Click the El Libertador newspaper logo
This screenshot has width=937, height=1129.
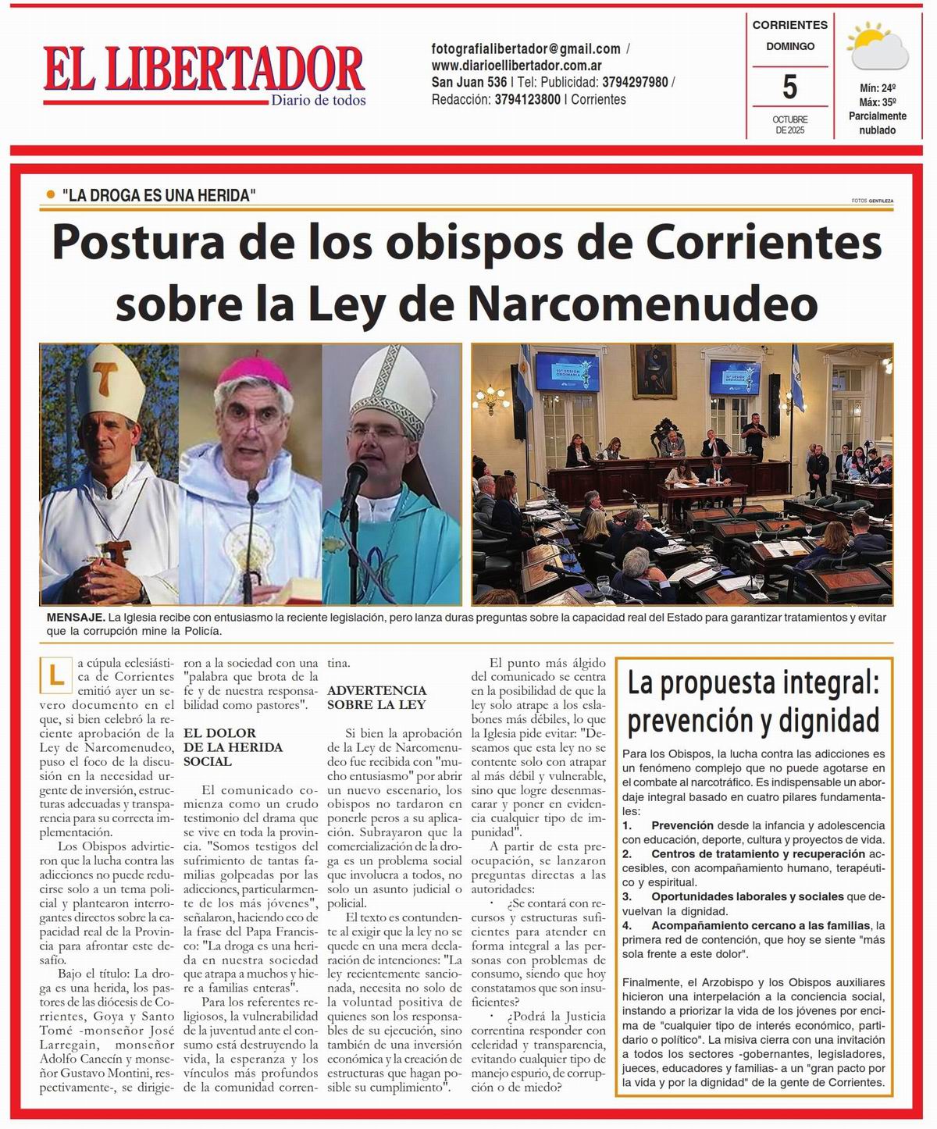[204, 74]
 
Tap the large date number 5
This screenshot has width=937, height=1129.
[789, 87]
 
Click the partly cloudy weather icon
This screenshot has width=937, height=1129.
[878, 48]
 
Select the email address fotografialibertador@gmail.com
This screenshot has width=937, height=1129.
[526, 48]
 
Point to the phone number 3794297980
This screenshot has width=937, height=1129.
[635, 82]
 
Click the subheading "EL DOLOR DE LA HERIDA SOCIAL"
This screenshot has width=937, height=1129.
[223, 746]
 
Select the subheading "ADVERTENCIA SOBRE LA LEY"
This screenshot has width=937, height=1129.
[376, 696]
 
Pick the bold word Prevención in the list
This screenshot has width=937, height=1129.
[682, 825]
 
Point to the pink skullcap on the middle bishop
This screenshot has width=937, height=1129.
[251, 372]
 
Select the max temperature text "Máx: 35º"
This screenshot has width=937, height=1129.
[878, 102]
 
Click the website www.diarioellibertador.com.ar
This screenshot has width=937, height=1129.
[516, 66]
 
